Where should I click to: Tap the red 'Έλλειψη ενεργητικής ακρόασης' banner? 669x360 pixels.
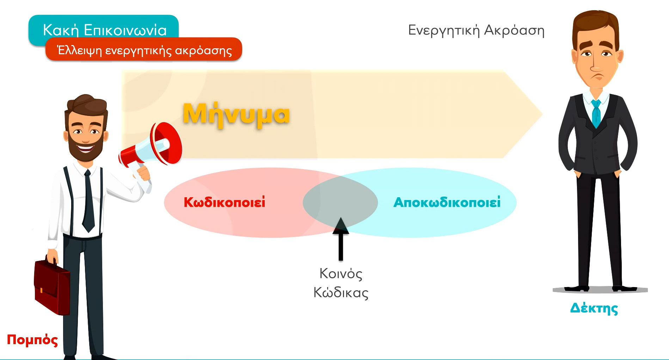coord(144,50)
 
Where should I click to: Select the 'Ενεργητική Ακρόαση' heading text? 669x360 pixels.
coord(476,31)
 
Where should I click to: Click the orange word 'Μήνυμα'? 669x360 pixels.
coord(236,114)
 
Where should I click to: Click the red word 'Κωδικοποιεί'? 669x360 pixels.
coord(225,203)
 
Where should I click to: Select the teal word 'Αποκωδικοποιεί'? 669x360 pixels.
coord(447,203)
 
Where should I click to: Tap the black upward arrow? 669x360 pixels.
coord(340,239)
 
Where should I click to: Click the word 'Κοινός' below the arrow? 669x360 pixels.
coord(341,274)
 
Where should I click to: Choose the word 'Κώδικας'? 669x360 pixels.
coord(341,292)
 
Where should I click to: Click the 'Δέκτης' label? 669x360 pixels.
coord(594,308)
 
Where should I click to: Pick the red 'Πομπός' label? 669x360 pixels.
coord(32,340)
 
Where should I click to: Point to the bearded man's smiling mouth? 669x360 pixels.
coord(85,148)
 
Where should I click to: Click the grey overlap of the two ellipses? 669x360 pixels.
coord(340,203)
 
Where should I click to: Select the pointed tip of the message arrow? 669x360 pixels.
coord(542,114)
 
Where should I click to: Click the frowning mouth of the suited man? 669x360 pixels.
coord(596,77)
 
